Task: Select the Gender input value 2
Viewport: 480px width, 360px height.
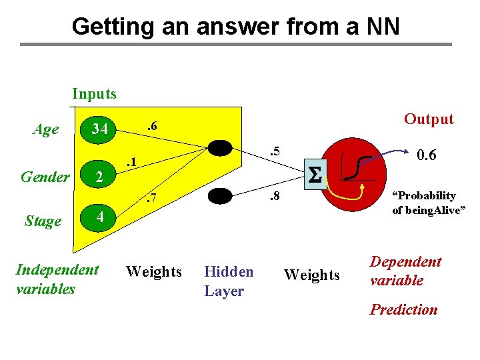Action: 99,177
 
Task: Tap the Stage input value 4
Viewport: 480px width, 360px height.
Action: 99,217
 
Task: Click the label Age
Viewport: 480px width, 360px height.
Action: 45,129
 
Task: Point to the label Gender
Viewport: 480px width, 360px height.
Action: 45,177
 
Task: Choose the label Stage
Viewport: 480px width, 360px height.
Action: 43,221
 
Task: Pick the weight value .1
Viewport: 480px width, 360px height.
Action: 131,161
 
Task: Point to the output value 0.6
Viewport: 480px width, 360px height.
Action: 426,155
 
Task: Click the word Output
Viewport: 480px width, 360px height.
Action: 429,119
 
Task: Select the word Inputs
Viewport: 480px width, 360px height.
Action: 94,94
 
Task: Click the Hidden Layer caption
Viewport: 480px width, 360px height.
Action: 229,281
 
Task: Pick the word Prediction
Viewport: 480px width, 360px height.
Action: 404,309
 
